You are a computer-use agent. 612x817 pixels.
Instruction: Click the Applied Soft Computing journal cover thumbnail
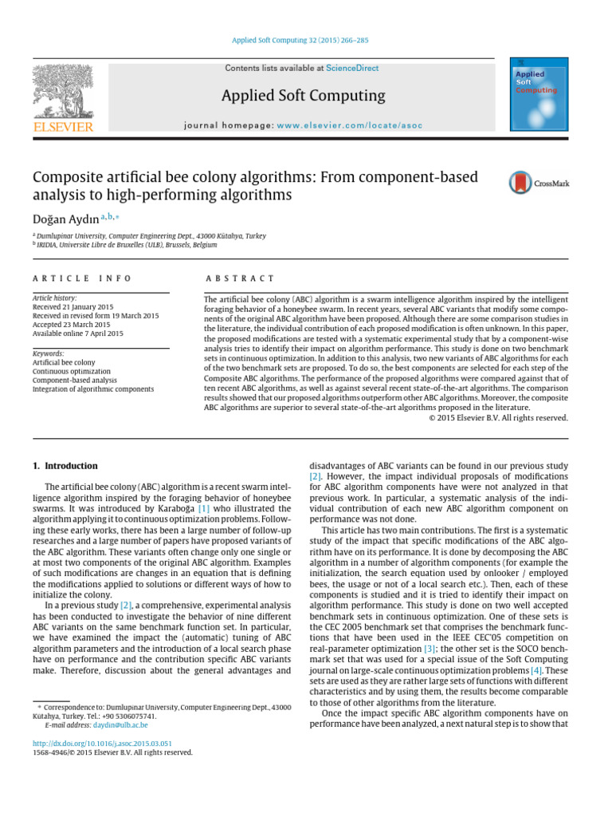pyautogui.click(x=539, y=94)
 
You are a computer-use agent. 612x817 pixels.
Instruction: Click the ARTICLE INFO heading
pyautogui.click(x=82, y=278)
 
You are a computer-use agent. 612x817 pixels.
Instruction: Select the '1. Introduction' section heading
pyautogui.click(x=65, y=466)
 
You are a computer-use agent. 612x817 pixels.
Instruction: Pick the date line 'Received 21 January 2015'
pyautogui.click(x=73, y=307)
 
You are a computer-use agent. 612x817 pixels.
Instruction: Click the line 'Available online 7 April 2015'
pyautogui.click(x=77, y=334)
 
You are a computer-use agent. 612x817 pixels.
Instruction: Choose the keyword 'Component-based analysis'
pyautogui.click(x=75, y=381)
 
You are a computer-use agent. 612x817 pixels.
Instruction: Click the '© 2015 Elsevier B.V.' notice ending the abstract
pyautogui.click(x=498, y=417)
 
